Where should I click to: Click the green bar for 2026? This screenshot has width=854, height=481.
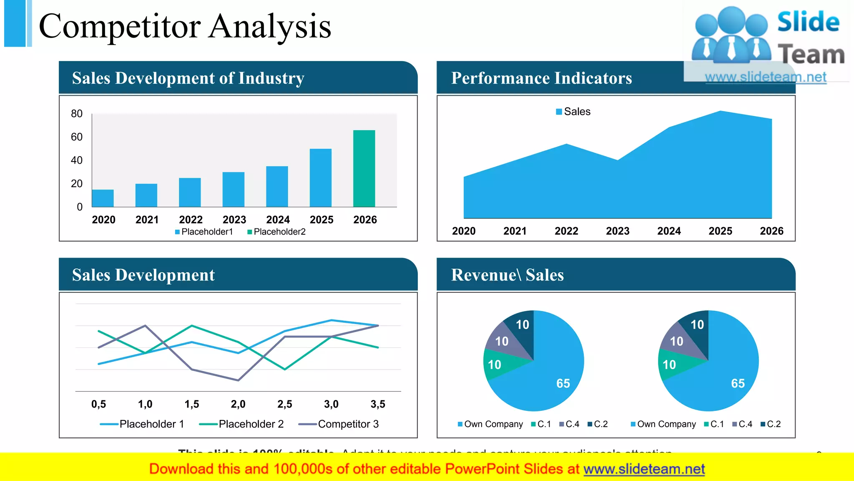(364, 169)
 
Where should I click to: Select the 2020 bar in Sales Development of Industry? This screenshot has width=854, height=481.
(103, 198)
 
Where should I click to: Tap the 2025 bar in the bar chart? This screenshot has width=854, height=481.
(320, 178)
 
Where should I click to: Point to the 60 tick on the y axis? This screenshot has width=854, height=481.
(77, 137)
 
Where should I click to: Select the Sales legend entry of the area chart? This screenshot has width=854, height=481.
(573, 111)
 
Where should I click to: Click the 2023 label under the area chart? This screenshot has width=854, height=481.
(618, 231)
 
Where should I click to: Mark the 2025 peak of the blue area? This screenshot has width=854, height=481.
(720, 112)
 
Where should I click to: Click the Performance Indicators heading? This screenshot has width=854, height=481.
(541, 78)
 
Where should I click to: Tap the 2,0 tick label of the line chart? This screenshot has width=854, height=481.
(238, 404)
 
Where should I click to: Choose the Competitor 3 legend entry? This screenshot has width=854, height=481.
(339, 424)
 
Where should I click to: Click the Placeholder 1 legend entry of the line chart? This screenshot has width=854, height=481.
(142, 424)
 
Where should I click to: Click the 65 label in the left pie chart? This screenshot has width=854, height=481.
(563, 383)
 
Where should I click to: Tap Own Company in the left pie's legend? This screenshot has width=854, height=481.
(490, 424)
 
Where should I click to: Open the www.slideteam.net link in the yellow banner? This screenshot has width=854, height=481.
(644, 469)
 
